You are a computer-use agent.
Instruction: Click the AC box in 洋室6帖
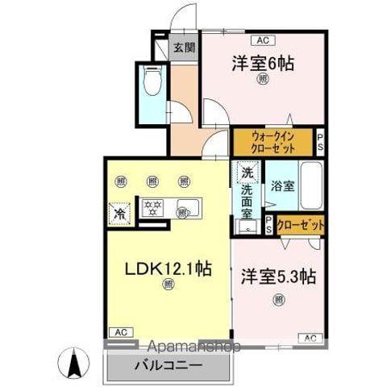[x=263, y=39]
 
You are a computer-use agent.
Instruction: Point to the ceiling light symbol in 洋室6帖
[x=263, y=79]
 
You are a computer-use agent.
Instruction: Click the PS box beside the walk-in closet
[x=319, y=142]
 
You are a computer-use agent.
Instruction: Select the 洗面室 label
[x=248, y=202]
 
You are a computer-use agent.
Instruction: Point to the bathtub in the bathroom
[x=311, y=186]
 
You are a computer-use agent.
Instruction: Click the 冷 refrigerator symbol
[x=119, y=214]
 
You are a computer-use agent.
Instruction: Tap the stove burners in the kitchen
[x=151, y=208]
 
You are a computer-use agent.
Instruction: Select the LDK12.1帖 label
[x=167, y=268]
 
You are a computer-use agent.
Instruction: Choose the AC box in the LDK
[x=118, y=332]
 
